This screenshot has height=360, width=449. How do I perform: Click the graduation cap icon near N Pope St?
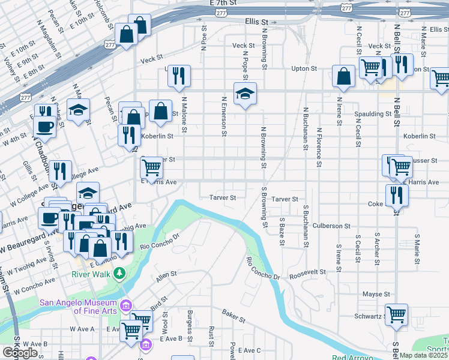[x=244, y=94]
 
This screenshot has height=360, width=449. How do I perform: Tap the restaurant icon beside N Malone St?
[x=179, y=76]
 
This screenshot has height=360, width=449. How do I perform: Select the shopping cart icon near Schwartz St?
[x=396, y=314]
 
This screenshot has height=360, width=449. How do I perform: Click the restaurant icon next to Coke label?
[x=397, y=194]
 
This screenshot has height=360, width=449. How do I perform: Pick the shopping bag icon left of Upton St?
[x=344, y=76]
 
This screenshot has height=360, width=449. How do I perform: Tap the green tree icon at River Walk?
[x=120, y=274]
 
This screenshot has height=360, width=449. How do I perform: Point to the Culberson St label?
[x=331, y=226]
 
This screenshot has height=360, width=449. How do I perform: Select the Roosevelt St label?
[x=307, y=272]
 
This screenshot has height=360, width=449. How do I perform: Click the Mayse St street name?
[x=376, y=295]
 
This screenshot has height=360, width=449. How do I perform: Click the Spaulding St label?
[x=372, y=114]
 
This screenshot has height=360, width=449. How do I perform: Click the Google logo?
[x=20, y=352]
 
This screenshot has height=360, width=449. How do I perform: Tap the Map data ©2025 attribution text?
[x=423, y=355]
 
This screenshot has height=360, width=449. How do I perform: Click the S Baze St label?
[x=282, y=227]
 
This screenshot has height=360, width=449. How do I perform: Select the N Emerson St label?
[x=223, y=116]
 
